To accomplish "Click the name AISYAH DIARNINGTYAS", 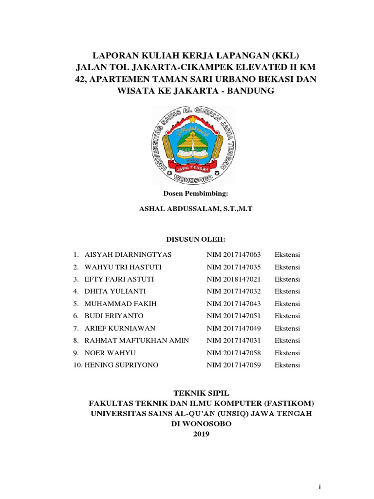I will tap(128, 255).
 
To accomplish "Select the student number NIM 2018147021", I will tap(234, 279).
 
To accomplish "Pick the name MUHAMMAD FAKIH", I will tap(121, 304).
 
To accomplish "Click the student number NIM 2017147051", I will tap(234, 316).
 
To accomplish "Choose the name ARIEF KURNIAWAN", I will tap(120, 328).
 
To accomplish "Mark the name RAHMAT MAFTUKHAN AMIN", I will tap(137, 341).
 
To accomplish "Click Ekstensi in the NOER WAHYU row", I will tap(287, 353).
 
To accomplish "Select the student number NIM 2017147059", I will tap(234, 365).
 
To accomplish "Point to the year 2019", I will tap(201, 434).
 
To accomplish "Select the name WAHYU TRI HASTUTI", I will tap(123, 267).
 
